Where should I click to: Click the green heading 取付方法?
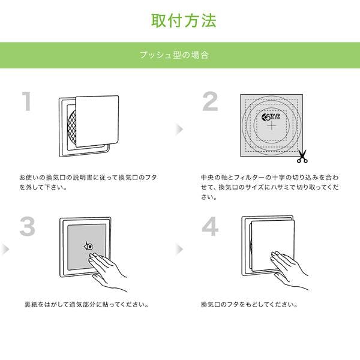tap(184, 20)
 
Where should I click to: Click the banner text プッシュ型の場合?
tap(174, 55)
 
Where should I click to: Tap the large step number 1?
tap(27, 101)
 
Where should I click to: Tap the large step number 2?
tap(210, 101)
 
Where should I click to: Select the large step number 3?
tap(28, 226)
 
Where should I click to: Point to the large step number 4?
tap(210, 226)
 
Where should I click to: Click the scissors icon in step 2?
tap(302, 157)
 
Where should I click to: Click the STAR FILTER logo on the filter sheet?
tap(271, 118)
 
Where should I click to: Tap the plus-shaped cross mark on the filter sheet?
tap(272, 126)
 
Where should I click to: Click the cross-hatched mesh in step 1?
tap(72, 127)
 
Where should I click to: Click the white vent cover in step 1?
tap(97, 121)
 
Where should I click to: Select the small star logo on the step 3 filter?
tap(88, 247)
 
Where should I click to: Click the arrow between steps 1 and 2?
tap(179, 129)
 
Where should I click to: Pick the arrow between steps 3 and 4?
tap(179, 249)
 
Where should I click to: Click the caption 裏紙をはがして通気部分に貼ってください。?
tap(87, 305)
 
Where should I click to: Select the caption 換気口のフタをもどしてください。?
tap(250, 305)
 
